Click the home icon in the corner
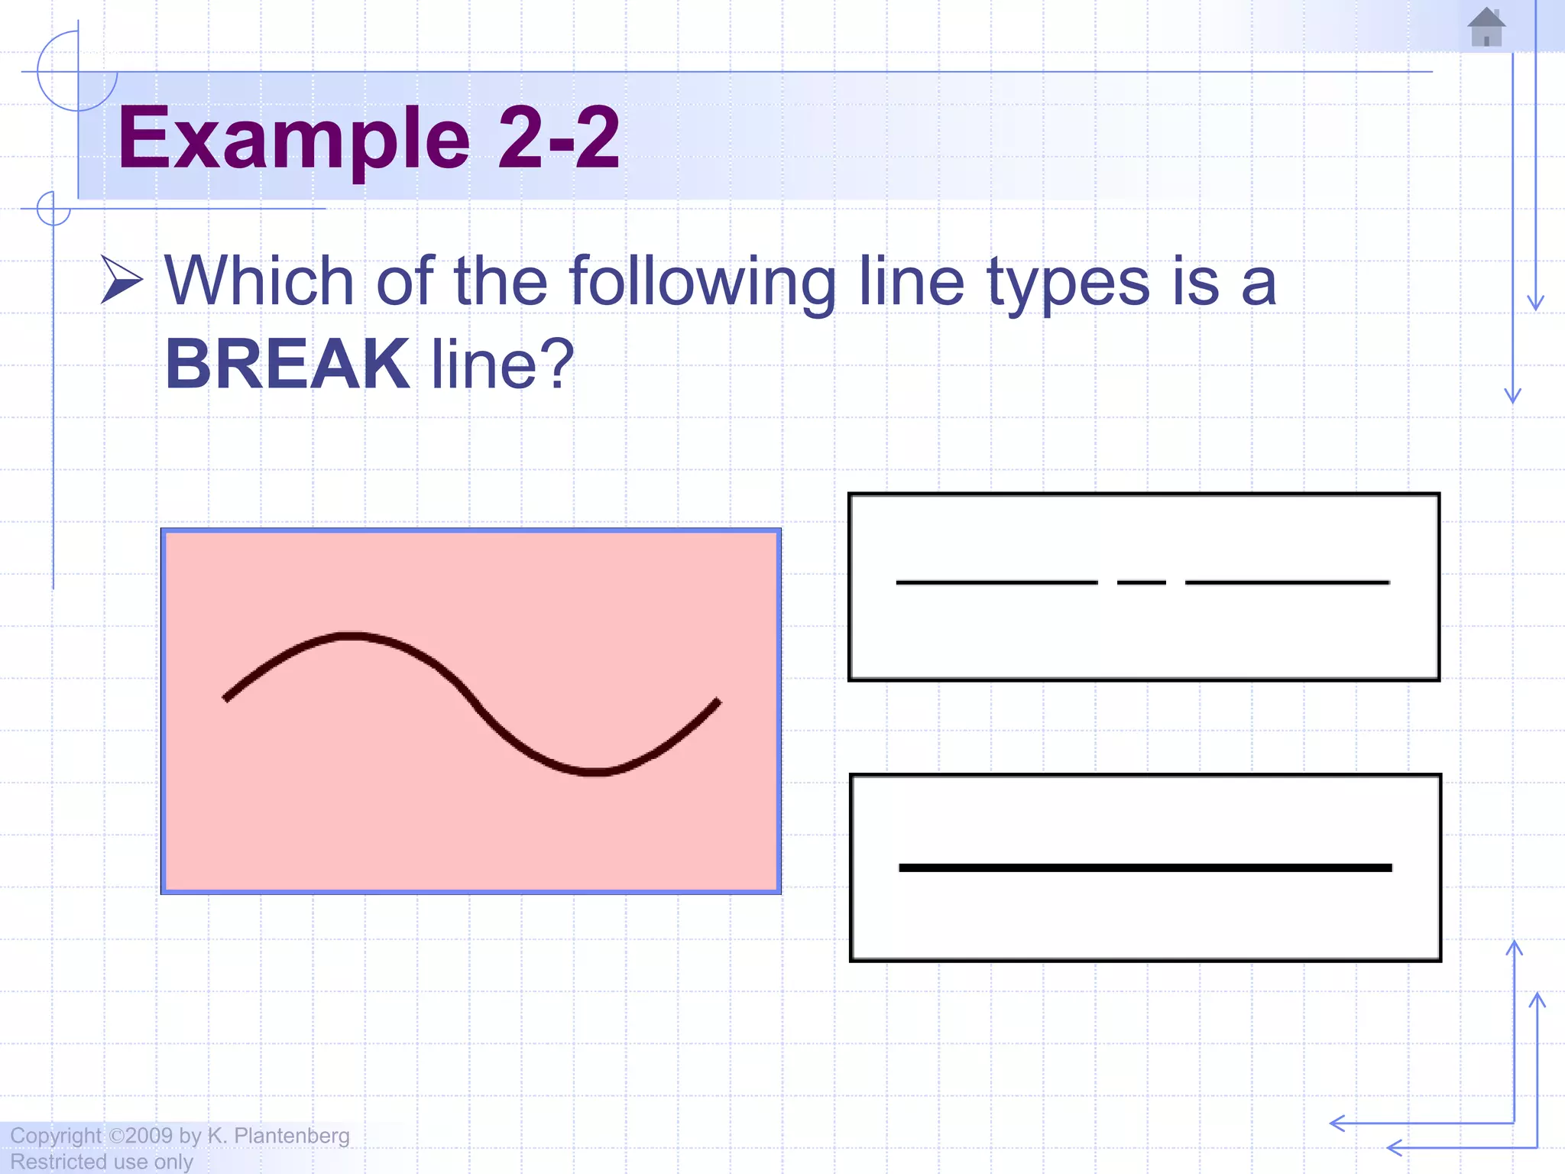(1486, 28)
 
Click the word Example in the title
(293, 138)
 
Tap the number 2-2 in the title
(559, 138)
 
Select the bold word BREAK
(287, 364)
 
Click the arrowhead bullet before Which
(122, 280)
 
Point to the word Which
(259, 281)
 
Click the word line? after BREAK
(502, 364)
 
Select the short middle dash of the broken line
(1142, 582)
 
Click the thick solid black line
(1145, 868)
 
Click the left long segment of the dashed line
(996, 582)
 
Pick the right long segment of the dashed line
(1287, 582)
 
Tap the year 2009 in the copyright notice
(149, 1136)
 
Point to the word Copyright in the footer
(55, 1136)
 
